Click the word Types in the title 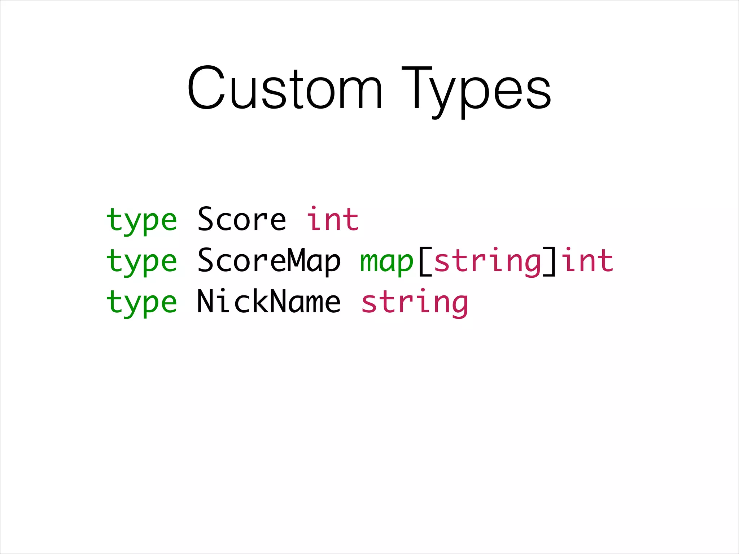tap(476, 90)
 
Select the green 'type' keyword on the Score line tap(141, 220)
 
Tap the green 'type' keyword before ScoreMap tap(141, 261)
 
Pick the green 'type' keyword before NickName tap(141, 303)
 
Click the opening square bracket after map tap(425, 261)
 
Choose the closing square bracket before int tap(550, 261)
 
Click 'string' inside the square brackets tap(487, 261)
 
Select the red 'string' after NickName tap(415, 303)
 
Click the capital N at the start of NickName tap(206, 301)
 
